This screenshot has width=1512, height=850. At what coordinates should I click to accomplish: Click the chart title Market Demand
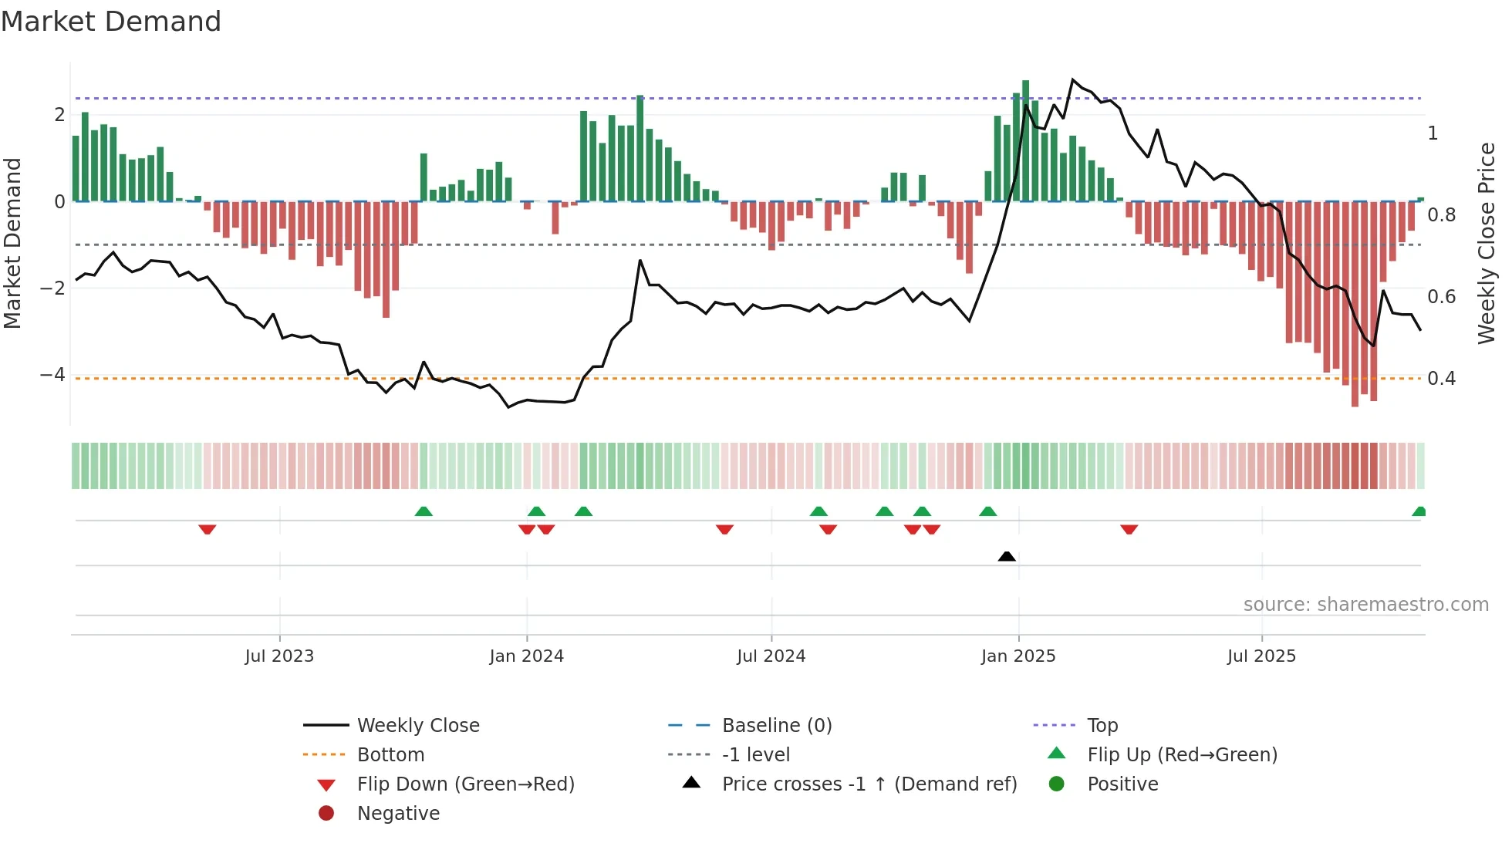[x=111, y=22]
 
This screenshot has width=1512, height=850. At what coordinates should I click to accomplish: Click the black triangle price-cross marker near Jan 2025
[x=1007, y=556]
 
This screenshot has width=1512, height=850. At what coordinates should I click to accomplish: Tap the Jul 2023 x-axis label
[x=279, y=656]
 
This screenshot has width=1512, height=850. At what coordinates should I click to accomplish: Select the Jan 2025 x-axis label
[x=1018, y=656]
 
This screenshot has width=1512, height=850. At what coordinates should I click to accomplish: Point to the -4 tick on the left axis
[x=53, y=375]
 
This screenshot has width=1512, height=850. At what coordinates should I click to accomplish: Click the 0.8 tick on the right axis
[x=1441, y=215]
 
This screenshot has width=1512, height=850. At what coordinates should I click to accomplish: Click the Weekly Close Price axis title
[x=1486, y=243]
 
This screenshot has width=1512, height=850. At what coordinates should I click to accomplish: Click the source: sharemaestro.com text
[x=1365, y=605]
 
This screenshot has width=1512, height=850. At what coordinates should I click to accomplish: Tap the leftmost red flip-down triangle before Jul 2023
[x=207, y=530]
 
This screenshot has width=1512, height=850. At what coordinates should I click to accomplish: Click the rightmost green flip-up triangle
[x=1419, y=511]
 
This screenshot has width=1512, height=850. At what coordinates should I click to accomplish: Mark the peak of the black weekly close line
[x=1072, y=79]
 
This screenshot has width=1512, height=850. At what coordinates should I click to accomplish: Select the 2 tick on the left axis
[x=59, y=115]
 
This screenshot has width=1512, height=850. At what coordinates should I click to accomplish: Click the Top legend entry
[x=1102, y=726]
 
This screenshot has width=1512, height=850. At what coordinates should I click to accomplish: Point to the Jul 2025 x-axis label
[x=1261, y=656]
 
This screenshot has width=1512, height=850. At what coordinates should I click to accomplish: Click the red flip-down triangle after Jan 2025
[x=1129, y=530]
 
